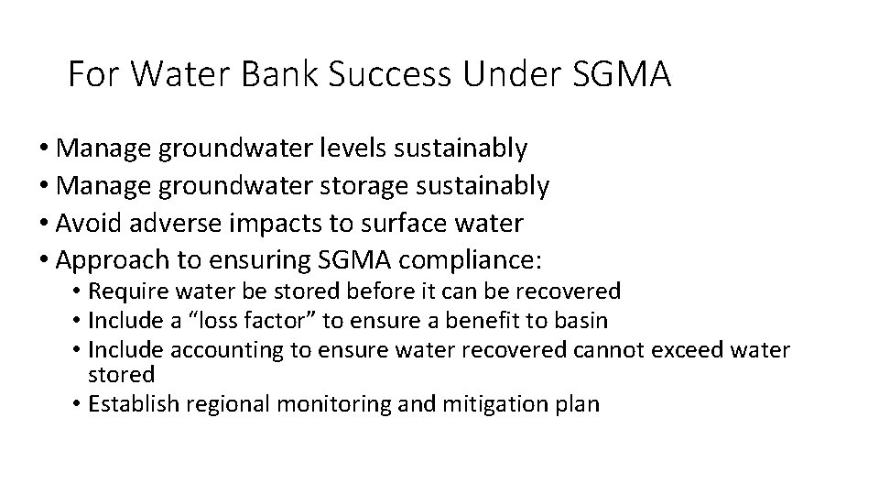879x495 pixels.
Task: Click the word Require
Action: click(124, 291)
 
